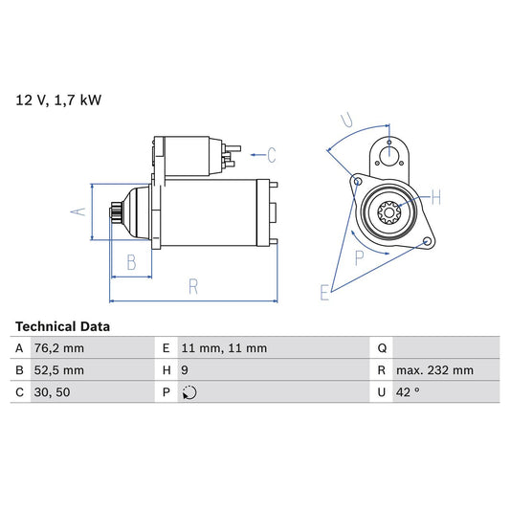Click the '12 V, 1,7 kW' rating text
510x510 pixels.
click(x=56, y=99)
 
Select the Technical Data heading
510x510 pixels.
click(x=62, y=326)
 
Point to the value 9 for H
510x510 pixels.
click(x=183, y=370)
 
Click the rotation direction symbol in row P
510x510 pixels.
click(x=188, y=392)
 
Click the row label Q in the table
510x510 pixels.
click(x=382, y=348)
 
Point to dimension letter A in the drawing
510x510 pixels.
click(x=82, y=211)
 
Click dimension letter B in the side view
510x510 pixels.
click(x=132, y=260)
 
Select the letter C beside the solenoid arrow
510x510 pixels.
click(x=271, y=153)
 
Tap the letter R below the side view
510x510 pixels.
click(x=192, y=285)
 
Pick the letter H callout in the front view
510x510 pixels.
click(x=435, y=198)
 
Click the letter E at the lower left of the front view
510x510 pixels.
click(x=325, y=292)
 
